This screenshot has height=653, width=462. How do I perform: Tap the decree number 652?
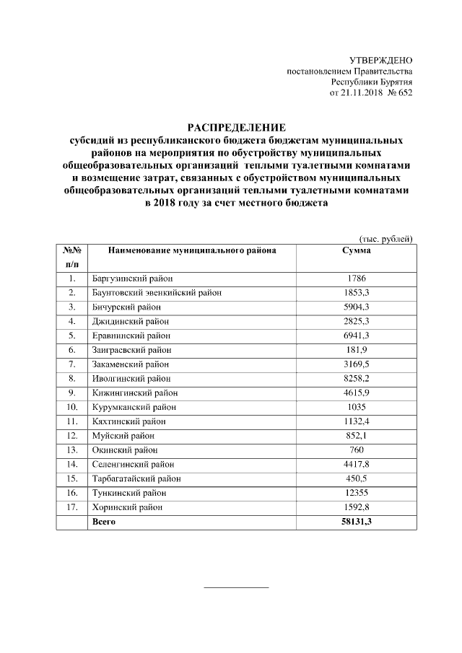click(x=405, y=93)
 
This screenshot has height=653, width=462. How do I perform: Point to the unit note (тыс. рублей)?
click(x=385, y=238)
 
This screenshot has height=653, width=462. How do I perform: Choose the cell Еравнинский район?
click(x=131, y=336)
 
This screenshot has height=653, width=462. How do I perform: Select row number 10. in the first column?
click(x=71, y=407)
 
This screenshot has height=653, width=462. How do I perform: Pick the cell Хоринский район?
click(x=126, y=507)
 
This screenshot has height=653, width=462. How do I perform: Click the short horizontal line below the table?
click(x=236, y=587)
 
